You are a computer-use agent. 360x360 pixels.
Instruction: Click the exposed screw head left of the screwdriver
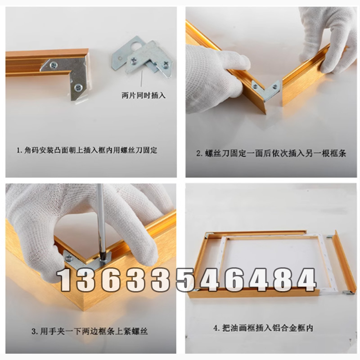tap(69, 258)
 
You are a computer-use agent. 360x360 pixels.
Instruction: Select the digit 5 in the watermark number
tap(175, 279)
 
